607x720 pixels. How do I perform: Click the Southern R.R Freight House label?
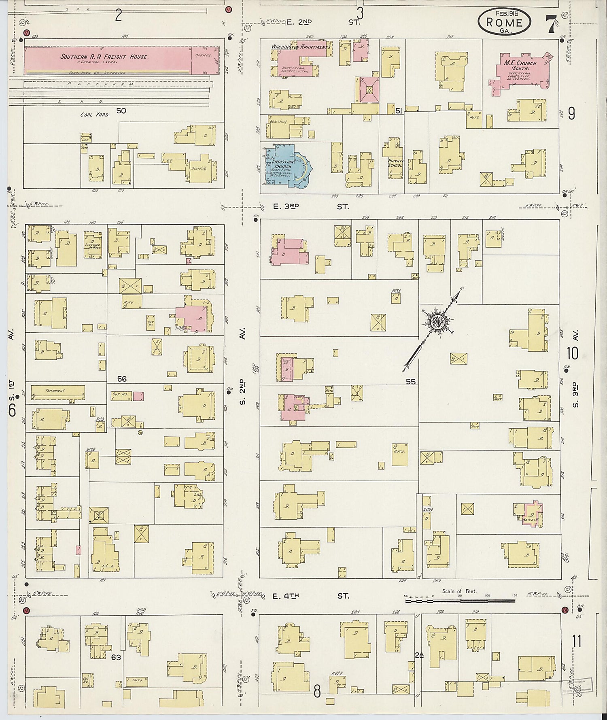pos(104,57)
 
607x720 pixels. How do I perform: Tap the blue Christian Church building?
pos(285,166)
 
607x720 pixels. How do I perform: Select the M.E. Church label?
pos(520,63)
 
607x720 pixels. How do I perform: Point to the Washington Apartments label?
pos(301,47)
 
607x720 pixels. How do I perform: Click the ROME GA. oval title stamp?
pos(505,21)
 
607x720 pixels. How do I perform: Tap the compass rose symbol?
pos(438,322)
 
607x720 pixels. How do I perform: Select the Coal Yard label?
pos(94,115)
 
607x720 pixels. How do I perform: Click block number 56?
pos(122,379)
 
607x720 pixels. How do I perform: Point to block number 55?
pos(410,381)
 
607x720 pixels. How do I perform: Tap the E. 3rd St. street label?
pos(310,207)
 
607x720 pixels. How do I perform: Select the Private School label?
pos(395,163)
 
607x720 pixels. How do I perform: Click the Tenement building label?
pos(55,391)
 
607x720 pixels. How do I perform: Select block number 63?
pos(116,657)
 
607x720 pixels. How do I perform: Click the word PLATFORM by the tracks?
pos(101,84)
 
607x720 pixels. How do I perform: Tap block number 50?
pos(121,110)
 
